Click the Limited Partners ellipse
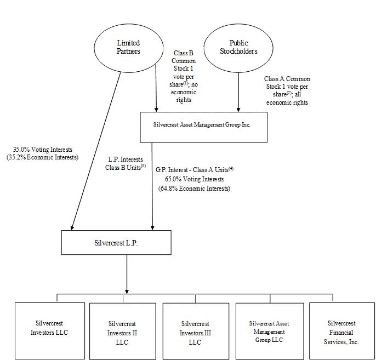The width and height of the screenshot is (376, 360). [128, 47]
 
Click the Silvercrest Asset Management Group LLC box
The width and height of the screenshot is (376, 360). [269, 331]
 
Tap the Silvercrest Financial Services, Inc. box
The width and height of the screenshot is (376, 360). [341, 331]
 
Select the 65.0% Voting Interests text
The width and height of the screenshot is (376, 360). [194, 179]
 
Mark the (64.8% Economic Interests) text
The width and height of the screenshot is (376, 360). [194, 188]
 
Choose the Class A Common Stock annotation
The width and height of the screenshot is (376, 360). [287, 90]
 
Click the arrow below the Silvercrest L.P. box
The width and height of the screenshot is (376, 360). [127, 274]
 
